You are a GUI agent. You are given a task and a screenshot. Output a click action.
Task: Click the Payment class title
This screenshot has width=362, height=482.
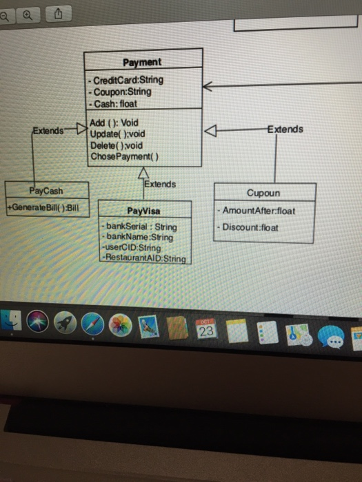pos(143,62)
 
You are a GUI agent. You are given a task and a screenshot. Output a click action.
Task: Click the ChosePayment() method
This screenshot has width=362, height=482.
pos(124,156)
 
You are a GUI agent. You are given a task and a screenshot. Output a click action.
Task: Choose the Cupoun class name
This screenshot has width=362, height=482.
pos(263,193)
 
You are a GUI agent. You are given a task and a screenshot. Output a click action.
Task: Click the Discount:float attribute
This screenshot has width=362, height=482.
pos(250,227)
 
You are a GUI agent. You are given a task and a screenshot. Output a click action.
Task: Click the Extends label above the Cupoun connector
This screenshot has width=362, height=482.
pos(284,129)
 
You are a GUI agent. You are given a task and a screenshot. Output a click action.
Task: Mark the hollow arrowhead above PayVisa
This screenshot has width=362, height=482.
pos(143,171)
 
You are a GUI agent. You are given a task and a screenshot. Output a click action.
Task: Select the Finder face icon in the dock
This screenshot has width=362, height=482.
pos(10,321)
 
